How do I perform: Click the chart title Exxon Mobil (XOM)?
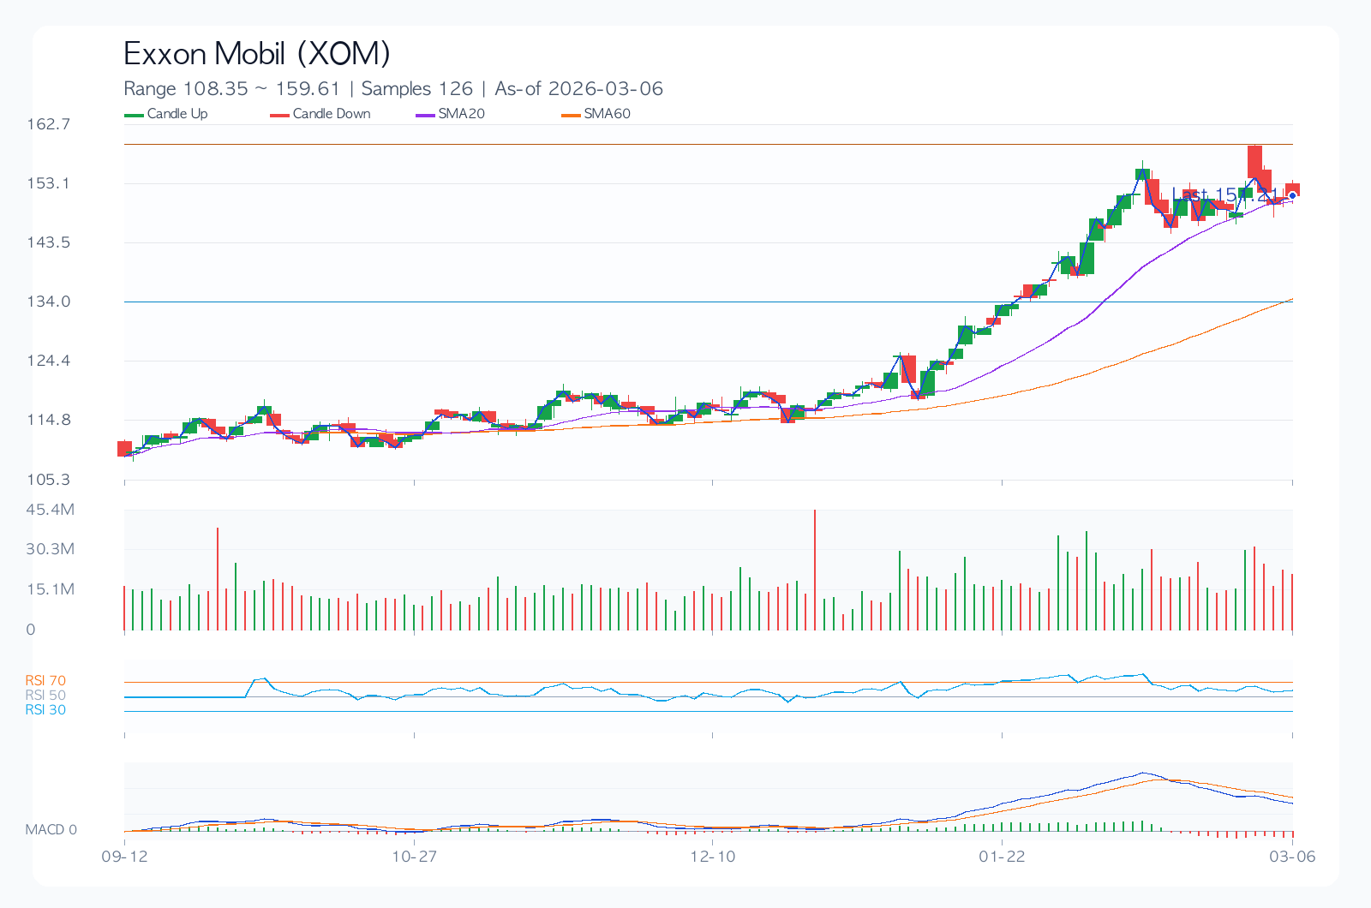point(257,54)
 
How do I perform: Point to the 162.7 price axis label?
point(49,124)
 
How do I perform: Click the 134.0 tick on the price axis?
point(49,302)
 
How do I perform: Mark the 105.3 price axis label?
point(49,480)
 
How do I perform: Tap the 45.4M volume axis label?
point(51,510)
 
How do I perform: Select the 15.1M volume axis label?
point(51,589)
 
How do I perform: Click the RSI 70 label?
point(45,681)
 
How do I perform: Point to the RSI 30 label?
point(45,710)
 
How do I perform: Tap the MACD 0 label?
point(51,830)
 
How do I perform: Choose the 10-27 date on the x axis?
point(414,857)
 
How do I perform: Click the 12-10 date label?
point(713,857)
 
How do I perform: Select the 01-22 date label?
point(1002,857)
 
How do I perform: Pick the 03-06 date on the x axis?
point(1292,857)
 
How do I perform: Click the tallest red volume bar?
point(814,570)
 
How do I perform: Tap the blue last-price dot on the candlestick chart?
point(1292,195)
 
